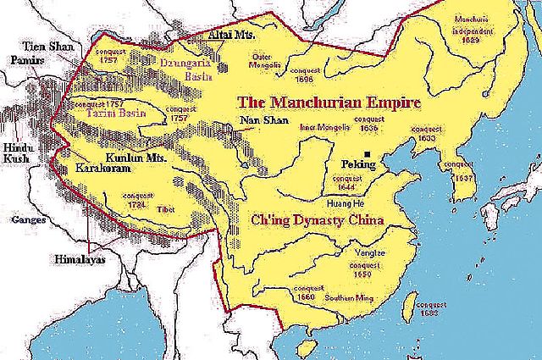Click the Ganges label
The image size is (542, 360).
pyautogui.click(x=23, y=220)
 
